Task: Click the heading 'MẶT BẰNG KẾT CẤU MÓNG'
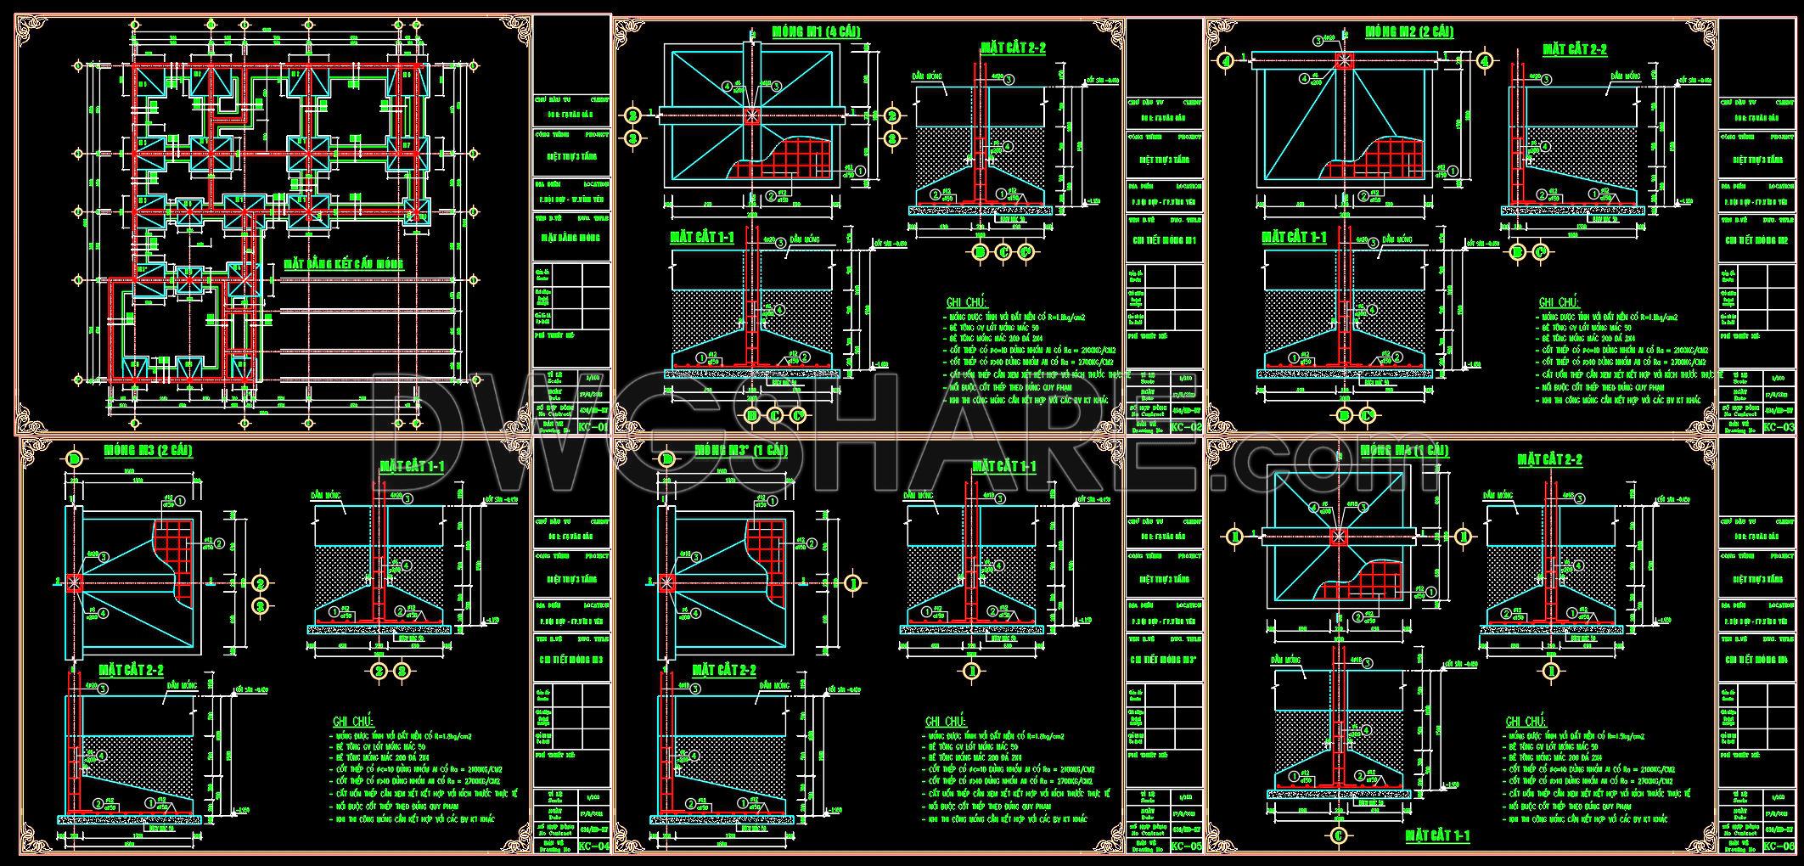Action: [344, 264]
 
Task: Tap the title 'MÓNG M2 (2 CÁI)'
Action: [1409, 32]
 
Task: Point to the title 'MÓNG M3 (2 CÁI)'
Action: [148, 450]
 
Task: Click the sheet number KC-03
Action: [1779, 428]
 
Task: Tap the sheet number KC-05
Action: [1186, 846]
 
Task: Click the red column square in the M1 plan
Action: [751, 117]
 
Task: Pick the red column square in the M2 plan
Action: [1344, 60]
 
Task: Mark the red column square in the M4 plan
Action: [1339, 536]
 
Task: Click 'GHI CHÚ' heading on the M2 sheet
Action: [1558, 302]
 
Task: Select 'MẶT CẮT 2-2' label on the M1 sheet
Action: [1013, 48]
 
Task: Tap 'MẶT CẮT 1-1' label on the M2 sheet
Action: [1295, 237]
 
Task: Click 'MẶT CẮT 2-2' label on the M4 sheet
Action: [1549, 459]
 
